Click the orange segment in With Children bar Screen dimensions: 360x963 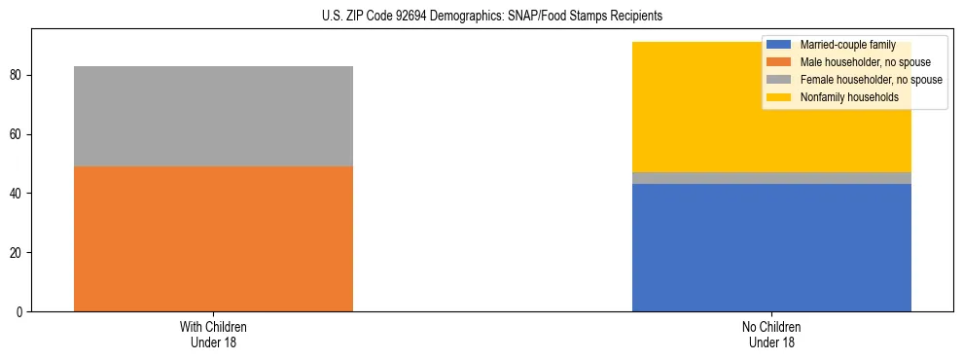point(213,238)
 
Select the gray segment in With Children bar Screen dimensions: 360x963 point(213,116)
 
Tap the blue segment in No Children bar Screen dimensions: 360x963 point(771,247)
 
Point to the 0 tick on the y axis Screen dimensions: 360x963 point(21,312)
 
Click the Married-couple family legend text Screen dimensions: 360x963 point(848,45)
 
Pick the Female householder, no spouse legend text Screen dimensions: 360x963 point(871,80)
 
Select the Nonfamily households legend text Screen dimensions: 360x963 point(849,97)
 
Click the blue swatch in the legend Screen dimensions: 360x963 point(779,45)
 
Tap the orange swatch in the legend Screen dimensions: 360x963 point(779,62)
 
